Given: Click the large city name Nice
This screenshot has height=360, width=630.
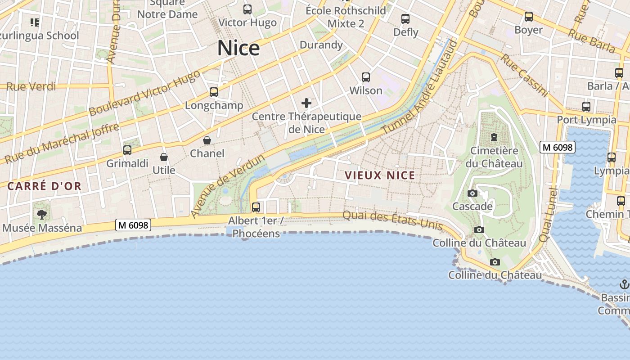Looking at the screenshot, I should (238, 48).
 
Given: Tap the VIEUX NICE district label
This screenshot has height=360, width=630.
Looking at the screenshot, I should (380, 175).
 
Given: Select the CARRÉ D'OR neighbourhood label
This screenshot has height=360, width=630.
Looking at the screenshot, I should (44, 186).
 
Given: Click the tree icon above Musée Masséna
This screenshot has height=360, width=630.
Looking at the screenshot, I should (42, 214).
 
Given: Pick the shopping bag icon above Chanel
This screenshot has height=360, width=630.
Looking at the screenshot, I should (207, 140).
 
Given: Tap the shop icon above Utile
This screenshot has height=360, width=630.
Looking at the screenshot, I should (164, 157).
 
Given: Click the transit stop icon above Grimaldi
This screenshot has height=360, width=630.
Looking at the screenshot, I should (127, 150).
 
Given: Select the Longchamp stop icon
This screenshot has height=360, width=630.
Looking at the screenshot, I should (214, 92).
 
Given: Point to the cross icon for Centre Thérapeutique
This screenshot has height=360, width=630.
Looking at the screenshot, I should (306, 103).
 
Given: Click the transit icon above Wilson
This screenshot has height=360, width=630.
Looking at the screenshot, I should (366, 77).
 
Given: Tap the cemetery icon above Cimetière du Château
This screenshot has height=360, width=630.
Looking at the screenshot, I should (494, 137).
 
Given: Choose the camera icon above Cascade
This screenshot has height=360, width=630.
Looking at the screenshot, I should (472, 193).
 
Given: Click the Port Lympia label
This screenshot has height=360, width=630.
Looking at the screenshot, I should (586, 120).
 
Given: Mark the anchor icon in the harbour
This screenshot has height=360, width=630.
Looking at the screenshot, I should (624, 284).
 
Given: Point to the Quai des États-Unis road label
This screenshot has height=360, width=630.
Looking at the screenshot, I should (392, 220).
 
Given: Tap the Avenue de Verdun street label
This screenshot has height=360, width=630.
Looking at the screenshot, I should (227, 186).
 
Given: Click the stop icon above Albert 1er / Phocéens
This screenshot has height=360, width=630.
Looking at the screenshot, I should (256, 207).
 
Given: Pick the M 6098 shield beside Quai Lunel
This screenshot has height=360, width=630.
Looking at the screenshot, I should (558, 147).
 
